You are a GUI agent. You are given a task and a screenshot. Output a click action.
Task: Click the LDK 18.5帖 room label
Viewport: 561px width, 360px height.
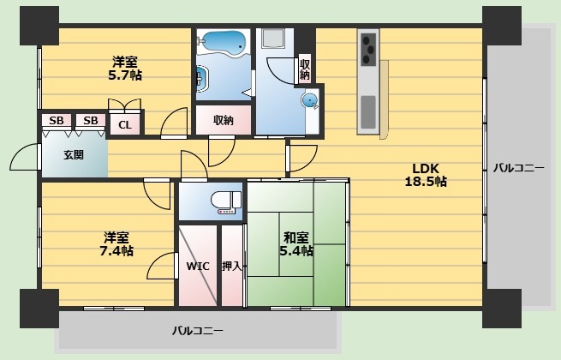click(x=426, y=175)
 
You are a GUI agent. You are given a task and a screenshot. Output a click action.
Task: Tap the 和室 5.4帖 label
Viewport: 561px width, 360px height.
click(x=295, y=244)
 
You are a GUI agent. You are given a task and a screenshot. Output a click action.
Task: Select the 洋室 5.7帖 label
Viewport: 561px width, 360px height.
click(x=125, y=69)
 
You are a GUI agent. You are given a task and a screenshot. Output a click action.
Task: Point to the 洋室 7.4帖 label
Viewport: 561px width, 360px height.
click(x=116, y=244)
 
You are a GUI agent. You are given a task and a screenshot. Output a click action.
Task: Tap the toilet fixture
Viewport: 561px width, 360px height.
click(x=226, y=202)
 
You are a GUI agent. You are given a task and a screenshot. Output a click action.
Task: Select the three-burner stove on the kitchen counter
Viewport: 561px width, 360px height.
click(x=368, y=49)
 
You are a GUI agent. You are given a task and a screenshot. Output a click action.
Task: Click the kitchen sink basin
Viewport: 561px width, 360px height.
click(x=367, y=112)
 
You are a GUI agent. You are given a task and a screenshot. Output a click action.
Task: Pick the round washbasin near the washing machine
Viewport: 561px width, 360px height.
click(x=309, y=100)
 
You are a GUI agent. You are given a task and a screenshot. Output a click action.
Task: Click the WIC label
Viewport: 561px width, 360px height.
click(x=198, y=267)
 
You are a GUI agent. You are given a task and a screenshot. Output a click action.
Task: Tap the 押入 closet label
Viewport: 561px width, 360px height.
click(x=232, y=267)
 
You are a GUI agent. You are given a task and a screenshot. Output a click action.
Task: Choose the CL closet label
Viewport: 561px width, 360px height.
click(x=125, y=125)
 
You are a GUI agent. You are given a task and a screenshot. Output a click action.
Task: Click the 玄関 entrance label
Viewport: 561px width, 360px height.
click(x=74, y=155)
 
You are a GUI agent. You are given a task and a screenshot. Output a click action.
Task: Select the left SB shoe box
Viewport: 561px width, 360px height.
click(x=57, y=120)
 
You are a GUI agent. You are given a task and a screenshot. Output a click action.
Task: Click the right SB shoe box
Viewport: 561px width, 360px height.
click(x=91, y=120)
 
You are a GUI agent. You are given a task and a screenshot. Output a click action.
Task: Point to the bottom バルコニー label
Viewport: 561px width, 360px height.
click(x=198, y=330)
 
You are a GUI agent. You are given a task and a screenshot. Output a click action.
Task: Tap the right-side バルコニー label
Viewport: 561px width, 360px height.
click(x=519, y=168)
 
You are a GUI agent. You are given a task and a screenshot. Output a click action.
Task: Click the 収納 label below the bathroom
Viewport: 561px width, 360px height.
click(x=224, y=120)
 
